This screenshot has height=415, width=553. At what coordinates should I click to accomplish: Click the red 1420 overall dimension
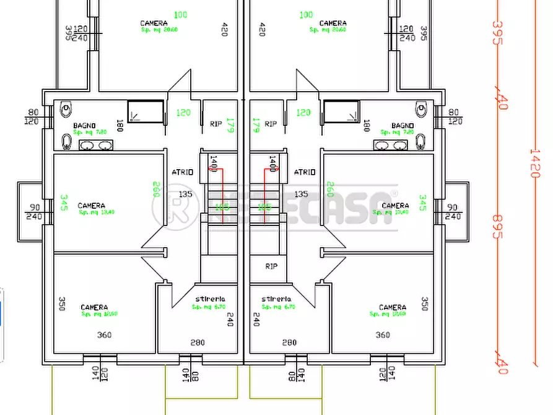coord(533,163)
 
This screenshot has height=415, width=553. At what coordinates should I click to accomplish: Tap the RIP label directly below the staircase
coord(271,266)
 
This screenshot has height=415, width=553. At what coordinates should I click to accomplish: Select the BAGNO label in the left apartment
coord(84,126)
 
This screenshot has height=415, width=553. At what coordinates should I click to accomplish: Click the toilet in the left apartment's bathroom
coord(66,110)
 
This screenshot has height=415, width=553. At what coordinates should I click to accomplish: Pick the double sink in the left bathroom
coord(96,145)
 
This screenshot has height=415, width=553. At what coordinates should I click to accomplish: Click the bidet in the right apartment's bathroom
coord(421,141)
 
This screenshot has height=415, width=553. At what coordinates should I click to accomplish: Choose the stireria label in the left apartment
coord(209,299)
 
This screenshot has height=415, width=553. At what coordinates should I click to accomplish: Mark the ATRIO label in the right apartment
coord(304,172)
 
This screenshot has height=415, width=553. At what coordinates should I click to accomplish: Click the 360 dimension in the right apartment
coord(383,335)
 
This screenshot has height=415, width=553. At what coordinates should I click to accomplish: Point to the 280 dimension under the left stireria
coord(198,343)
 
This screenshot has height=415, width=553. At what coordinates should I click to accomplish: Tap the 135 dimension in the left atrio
coord(185,194)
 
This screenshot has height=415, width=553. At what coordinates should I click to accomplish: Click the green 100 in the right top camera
coord(306,15)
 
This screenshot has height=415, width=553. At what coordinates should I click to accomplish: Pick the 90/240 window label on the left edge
coord(35,212)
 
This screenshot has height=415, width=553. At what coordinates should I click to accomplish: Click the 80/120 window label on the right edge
coord(455,116)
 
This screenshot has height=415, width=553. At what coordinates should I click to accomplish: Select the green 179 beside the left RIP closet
coord(230,125)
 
